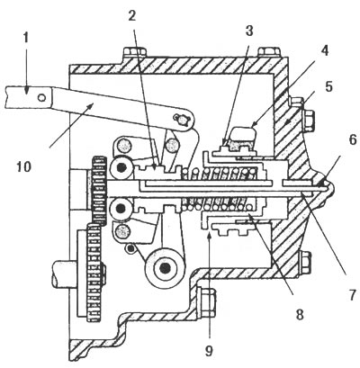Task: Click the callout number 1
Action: (26, 39)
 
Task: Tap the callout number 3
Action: (248, 31)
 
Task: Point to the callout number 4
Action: (324, 50)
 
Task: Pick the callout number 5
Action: (328, 87)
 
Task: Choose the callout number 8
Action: (300, 315)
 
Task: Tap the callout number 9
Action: (209, 351)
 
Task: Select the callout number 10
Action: (24, 166)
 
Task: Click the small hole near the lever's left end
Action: (42, 97)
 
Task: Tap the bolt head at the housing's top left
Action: (135, 52)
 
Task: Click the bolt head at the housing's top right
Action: (269, 52)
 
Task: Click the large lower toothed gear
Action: (94, 273)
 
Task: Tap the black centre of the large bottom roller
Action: (165, 268)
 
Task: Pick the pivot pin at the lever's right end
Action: (183, 120)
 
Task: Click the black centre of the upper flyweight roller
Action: (121, 168)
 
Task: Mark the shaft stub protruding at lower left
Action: (65, 274)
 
